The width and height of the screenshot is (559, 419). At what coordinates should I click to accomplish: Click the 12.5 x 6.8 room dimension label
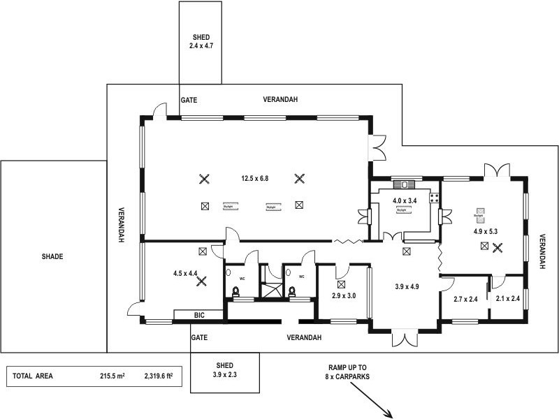[254, 178]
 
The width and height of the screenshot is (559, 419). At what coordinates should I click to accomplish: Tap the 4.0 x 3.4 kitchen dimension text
[405, 201]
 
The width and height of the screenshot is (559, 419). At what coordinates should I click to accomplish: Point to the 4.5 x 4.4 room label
[184, 273]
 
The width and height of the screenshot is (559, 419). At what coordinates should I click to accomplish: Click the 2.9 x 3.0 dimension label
[343, 296]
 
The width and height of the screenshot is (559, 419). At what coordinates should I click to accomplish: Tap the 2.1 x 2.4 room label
[508, 299]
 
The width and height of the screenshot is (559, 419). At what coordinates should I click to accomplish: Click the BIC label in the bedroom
[198, 316]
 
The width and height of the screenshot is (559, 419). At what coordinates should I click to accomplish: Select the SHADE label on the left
[52, 257]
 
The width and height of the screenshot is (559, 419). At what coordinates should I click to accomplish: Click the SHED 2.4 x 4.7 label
[201, 41]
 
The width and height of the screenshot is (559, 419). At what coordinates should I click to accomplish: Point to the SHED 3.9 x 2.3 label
[224, 369]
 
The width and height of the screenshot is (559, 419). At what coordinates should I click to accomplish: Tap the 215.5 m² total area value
[112, 376]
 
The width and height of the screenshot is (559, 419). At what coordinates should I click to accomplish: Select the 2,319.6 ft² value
[158, 376]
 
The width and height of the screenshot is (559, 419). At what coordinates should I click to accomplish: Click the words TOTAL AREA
[33, 376]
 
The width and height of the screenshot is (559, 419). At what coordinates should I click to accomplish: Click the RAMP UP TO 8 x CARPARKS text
[347, 372]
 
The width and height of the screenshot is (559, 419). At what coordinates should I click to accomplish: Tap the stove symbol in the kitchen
[404, 185]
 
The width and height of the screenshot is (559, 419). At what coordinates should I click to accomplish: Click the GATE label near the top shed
[189, 100]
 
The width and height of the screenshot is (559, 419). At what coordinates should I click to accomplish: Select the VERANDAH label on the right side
[542, 251]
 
